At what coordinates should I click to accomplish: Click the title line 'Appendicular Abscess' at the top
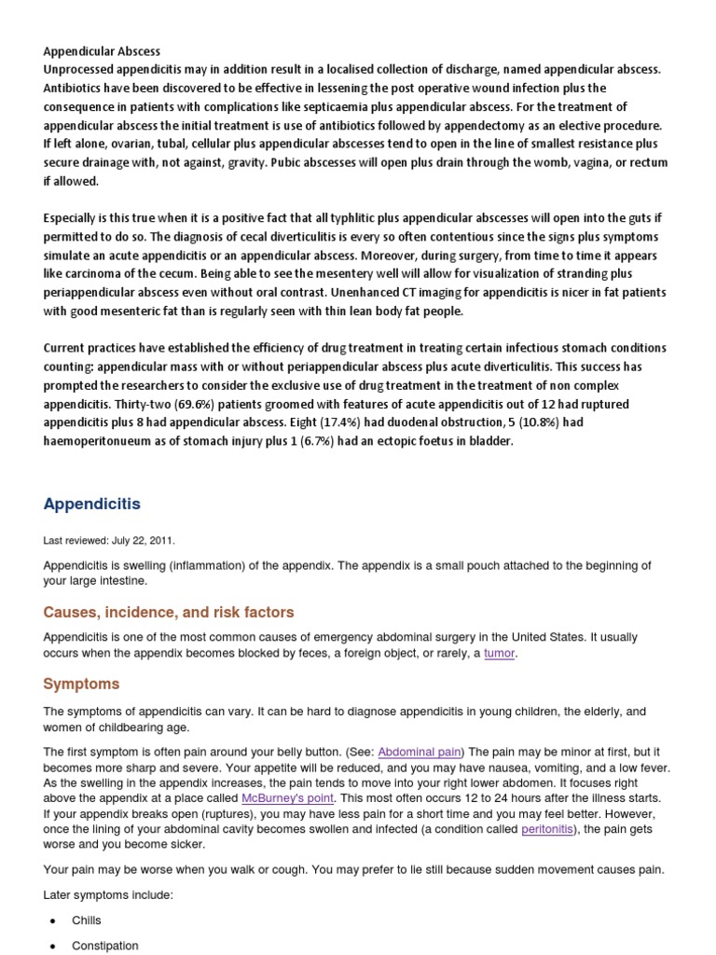click(102, 51)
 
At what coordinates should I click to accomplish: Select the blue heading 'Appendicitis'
click(92, 505)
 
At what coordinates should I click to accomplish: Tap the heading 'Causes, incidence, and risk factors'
click(169, 613)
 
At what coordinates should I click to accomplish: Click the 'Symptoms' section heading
click(81, 684)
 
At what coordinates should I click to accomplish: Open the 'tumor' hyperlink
click(499, 654)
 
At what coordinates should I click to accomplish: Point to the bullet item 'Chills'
click(87, 920)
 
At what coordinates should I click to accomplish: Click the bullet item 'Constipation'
click(105, 946)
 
